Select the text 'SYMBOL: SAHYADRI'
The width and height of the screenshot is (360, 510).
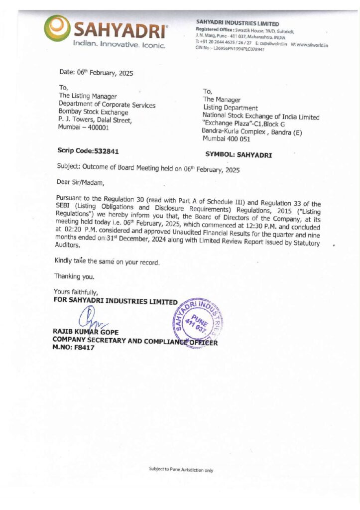[239, 155]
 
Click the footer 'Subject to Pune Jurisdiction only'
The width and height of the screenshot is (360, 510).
[181, 469]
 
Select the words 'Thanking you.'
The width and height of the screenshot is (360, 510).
[74, 276]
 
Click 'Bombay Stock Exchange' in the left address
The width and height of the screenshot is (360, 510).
[94, 113]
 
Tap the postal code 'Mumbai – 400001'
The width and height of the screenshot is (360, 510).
[84, 128]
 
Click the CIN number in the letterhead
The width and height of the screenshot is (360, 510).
[239, 49]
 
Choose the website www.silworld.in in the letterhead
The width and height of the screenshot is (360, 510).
[313, 45]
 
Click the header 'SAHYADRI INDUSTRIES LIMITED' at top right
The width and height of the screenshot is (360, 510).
[238, 23]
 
